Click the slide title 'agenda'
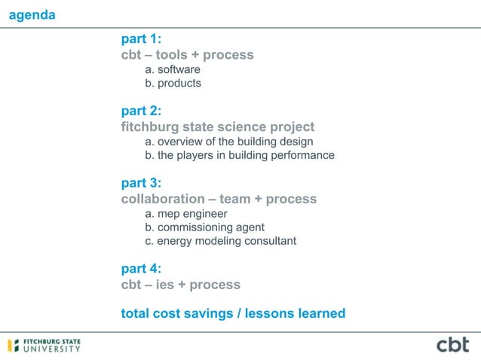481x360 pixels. pos(31,15)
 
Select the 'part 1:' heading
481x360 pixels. pos(141,38)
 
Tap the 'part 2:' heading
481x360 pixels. pos(141,111)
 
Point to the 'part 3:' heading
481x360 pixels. pos(141,183)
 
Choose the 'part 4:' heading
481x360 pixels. pos(141,268)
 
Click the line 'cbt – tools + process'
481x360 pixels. pos(187,55)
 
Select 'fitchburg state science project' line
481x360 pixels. pos(217,127)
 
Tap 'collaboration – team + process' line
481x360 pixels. pos(219,200)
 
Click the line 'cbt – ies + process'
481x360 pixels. pos(180,285)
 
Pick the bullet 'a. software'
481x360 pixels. pos(173,70)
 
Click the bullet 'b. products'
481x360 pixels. pos(173,84)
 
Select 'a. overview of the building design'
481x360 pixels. pos(229,142)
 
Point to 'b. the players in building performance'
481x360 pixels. pos(240,156)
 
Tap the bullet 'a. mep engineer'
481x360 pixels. pos(186,214)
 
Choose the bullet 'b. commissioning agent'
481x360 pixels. pos(205,227)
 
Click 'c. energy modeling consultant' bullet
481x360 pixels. pos(221,241)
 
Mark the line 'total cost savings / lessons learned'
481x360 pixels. pos(233,313)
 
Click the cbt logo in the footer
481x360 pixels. pos(452,345)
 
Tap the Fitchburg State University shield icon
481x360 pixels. pos(13,346)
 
